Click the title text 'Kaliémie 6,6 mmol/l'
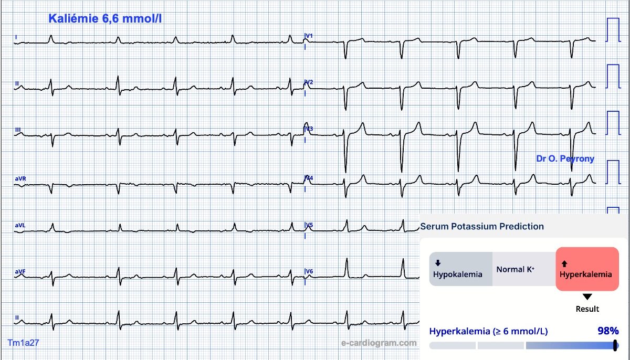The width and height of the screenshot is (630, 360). (x=105, y=18)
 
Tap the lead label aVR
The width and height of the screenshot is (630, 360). (x=20, y=178)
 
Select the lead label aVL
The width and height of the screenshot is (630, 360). (x=20, y=225)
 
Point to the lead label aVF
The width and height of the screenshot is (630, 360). (x=20, y=271)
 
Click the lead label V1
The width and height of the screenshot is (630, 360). (x=309, y=36)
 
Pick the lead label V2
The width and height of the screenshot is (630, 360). (x=309, y=82)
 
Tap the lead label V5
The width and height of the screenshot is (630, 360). (x=309, y=225)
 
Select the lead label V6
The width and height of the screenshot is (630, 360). (x=309, y=271)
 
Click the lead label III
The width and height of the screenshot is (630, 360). (x=18, y=130)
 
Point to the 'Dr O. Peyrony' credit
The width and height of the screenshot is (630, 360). (x=565, y=158)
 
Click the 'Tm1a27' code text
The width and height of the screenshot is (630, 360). (x=23, y=343)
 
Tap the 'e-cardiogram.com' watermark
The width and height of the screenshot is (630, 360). (x=379, y=343)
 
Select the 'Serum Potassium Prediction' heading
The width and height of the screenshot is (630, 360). (x=482, y=226)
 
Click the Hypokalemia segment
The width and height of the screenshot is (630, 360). (x=461, y=269)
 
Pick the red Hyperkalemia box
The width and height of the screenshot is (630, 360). (x=587, y=269)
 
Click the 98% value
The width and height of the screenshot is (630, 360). (x=608, y=331)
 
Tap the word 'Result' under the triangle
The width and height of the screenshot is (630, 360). (x=587, y=309)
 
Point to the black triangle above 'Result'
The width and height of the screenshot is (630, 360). (x=587, y=297)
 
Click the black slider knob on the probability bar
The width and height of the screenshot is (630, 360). (x=615, y=345)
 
